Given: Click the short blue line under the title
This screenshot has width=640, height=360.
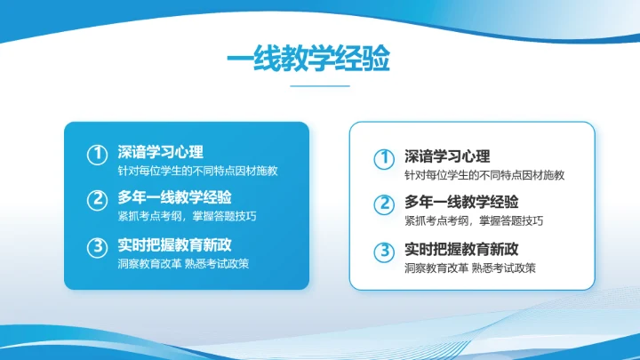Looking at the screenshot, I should coord(320,86).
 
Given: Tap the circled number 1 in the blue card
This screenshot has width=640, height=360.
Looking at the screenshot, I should coord(97,155).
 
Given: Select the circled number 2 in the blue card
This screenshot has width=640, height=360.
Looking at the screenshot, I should coord(97,201).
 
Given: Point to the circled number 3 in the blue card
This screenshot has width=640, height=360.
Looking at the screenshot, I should coord(97,247).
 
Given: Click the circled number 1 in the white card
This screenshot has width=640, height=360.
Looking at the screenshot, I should coord(383,159).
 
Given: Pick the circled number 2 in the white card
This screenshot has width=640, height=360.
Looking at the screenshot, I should coord(383,204).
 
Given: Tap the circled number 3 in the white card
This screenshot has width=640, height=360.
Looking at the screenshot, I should coord(383,252).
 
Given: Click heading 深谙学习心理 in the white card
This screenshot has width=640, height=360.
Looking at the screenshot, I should coord(447,156).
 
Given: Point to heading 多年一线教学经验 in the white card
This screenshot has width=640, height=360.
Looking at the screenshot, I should coord(460,201).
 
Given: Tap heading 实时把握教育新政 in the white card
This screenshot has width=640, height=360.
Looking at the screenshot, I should coord(460,248).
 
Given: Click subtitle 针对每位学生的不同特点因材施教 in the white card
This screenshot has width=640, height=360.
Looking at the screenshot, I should coord(484,175).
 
